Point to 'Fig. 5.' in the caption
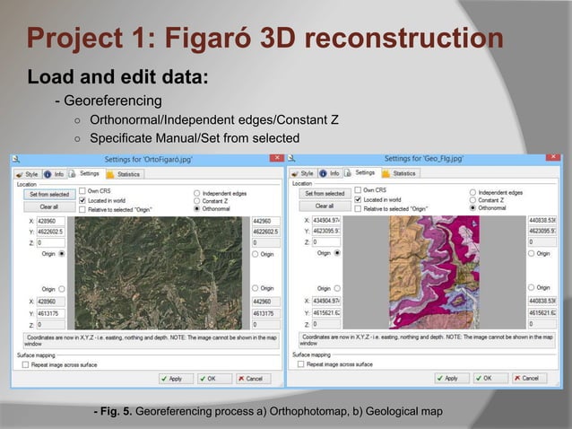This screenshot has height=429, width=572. click(114, 411)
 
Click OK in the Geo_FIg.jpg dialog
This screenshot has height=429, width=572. click(482, 378)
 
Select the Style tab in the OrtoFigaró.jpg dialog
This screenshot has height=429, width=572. click(28, 173)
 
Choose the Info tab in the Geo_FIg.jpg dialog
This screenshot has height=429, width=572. click(330, 173)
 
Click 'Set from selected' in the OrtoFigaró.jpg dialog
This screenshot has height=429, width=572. click(48, 193)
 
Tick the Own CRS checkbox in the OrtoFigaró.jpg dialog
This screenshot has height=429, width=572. click(82, 190)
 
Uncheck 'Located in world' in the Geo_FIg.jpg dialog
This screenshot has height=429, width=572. click(358, 199)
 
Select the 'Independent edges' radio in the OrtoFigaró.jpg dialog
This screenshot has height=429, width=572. click(197, 192)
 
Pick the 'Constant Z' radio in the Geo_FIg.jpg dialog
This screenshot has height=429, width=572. click(473, 200)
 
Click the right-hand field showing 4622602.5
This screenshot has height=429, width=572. click(266, 232)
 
